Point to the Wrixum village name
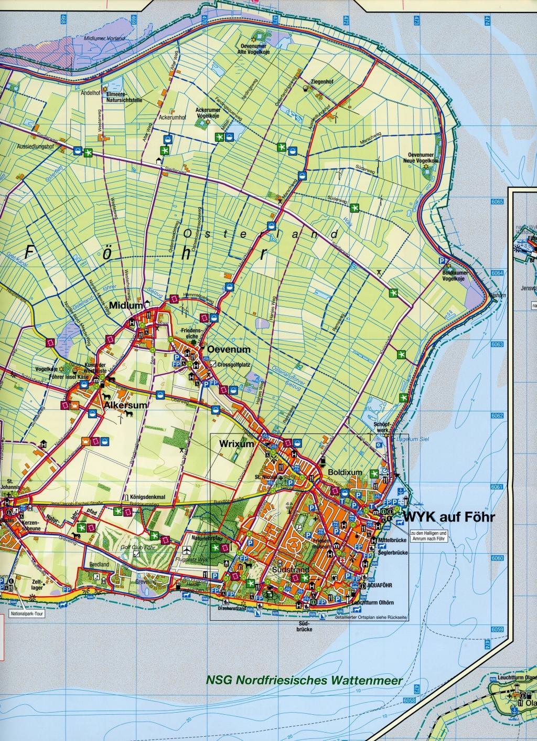(x=237, y=444)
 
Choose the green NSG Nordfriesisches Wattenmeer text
(x=304, y=680)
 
